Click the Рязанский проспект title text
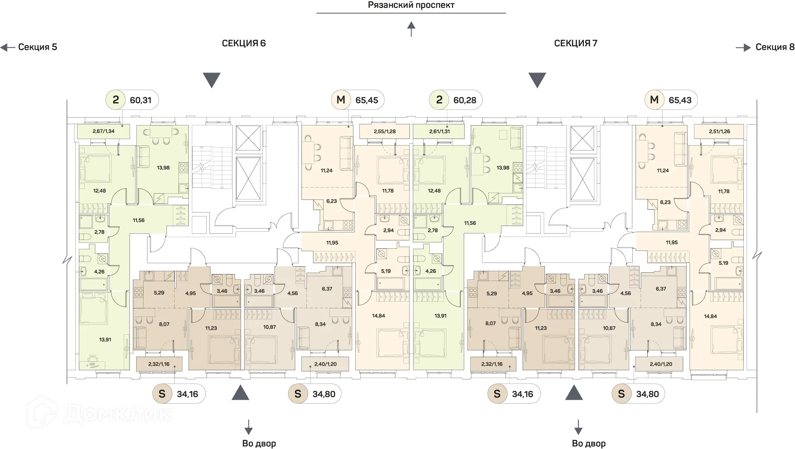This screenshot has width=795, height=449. click(411, 5)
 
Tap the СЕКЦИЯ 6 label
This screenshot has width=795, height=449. click(243, 43)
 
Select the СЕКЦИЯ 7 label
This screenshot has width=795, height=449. click(575, 43)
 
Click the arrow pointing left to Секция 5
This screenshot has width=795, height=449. click(8, 47)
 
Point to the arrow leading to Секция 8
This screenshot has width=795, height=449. click(743, 48)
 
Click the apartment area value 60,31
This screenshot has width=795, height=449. click(140, 100)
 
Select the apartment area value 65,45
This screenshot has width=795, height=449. click(366, 100)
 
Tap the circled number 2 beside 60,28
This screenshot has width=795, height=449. click(439, 100)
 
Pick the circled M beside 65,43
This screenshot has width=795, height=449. click(654, 100)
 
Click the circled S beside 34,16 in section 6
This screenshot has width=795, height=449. click(162, 394)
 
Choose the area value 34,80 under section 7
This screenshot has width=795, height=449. click(647, 394)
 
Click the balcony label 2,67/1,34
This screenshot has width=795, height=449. click(104, 131)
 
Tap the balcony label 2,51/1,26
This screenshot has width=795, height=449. click(719, 131)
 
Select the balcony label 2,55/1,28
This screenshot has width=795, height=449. click(385, 131)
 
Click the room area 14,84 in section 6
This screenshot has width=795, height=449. click(378, 316)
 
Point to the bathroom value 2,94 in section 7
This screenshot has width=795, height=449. click(720, 230)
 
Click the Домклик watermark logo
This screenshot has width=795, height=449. click(99, 414)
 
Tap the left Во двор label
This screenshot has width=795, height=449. click(259, 443)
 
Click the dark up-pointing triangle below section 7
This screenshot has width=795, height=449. click(574, 393)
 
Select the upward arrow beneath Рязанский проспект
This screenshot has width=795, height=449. click(411, 29)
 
